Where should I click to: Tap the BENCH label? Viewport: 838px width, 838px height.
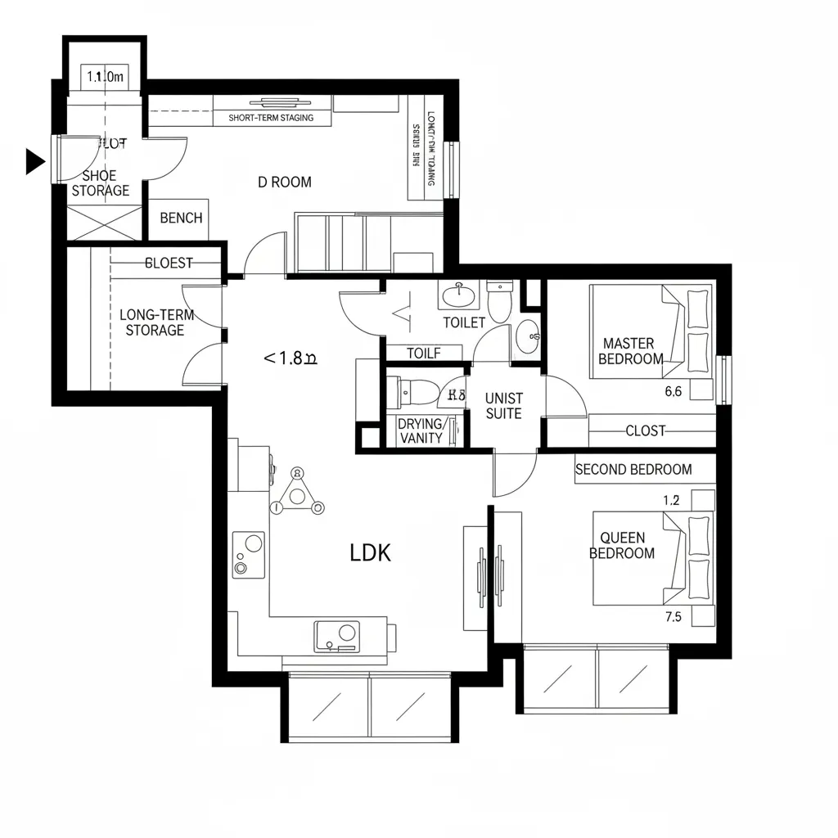181,218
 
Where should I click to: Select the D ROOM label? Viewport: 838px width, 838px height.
284,182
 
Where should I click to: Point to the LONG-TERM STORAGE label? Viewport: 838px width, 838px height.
151,322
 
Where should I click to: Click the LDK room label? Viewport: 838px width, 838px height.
370,553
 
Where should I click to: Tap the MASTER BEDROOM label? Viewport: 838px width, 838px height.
630,351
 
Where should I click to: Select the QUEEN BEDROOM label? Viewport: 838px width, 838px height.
622,545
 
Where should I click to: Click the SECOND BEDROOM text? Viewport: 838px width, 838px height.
633,470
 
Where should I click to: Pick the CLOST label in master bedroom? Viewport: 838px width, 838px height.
645,430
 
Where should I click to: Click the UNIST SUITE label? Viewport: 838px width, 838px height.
503,405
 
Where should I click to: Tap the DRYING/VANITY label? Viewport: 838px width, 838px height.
421,430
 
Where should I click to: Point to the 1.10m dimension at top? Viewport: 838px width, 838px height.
104,78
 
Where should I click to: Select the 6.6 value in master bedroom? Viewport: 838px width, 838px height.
673,391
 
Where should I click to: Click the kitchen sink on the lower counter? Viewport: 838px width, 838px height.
336,635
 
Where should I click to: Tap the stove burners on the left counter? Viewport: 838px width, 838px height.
248,554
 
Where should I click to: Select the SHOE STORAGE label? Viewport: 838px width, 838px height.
100,182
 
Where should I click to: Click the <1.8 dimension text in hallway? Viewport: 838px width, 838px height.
290,358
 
